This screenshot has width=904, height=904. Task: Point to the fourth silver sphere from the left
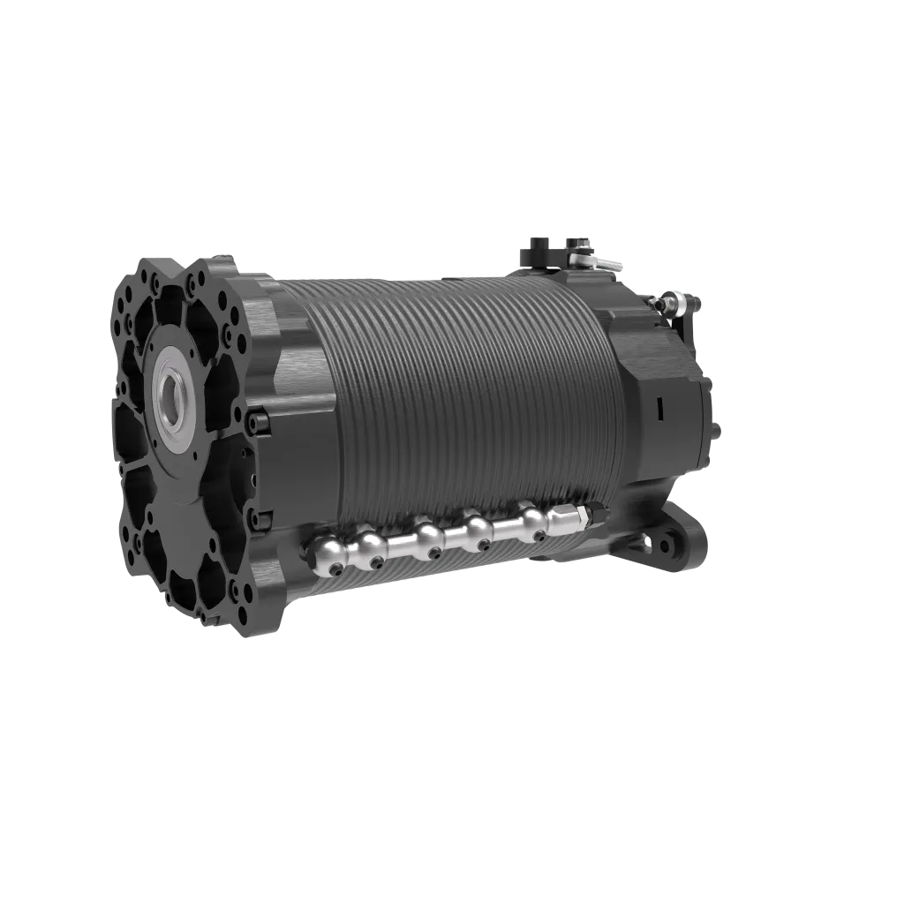click(x=478, y=527)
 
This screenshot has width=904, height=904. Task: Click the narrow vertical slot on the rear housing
click(x=659, y=407)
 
